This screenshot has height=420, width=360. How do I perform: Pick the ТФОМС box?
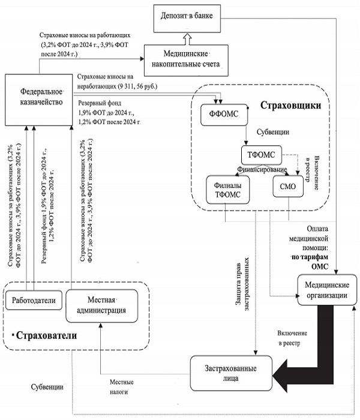(x=261, y=155)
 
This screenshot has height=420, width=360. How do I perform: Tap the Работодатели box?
(x=34, y=298)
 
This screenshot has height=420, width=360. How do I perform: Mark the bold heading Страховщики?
(x=290, y=106)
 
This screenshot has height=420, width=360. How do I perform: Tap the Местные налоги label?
(x=121, y=386)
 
